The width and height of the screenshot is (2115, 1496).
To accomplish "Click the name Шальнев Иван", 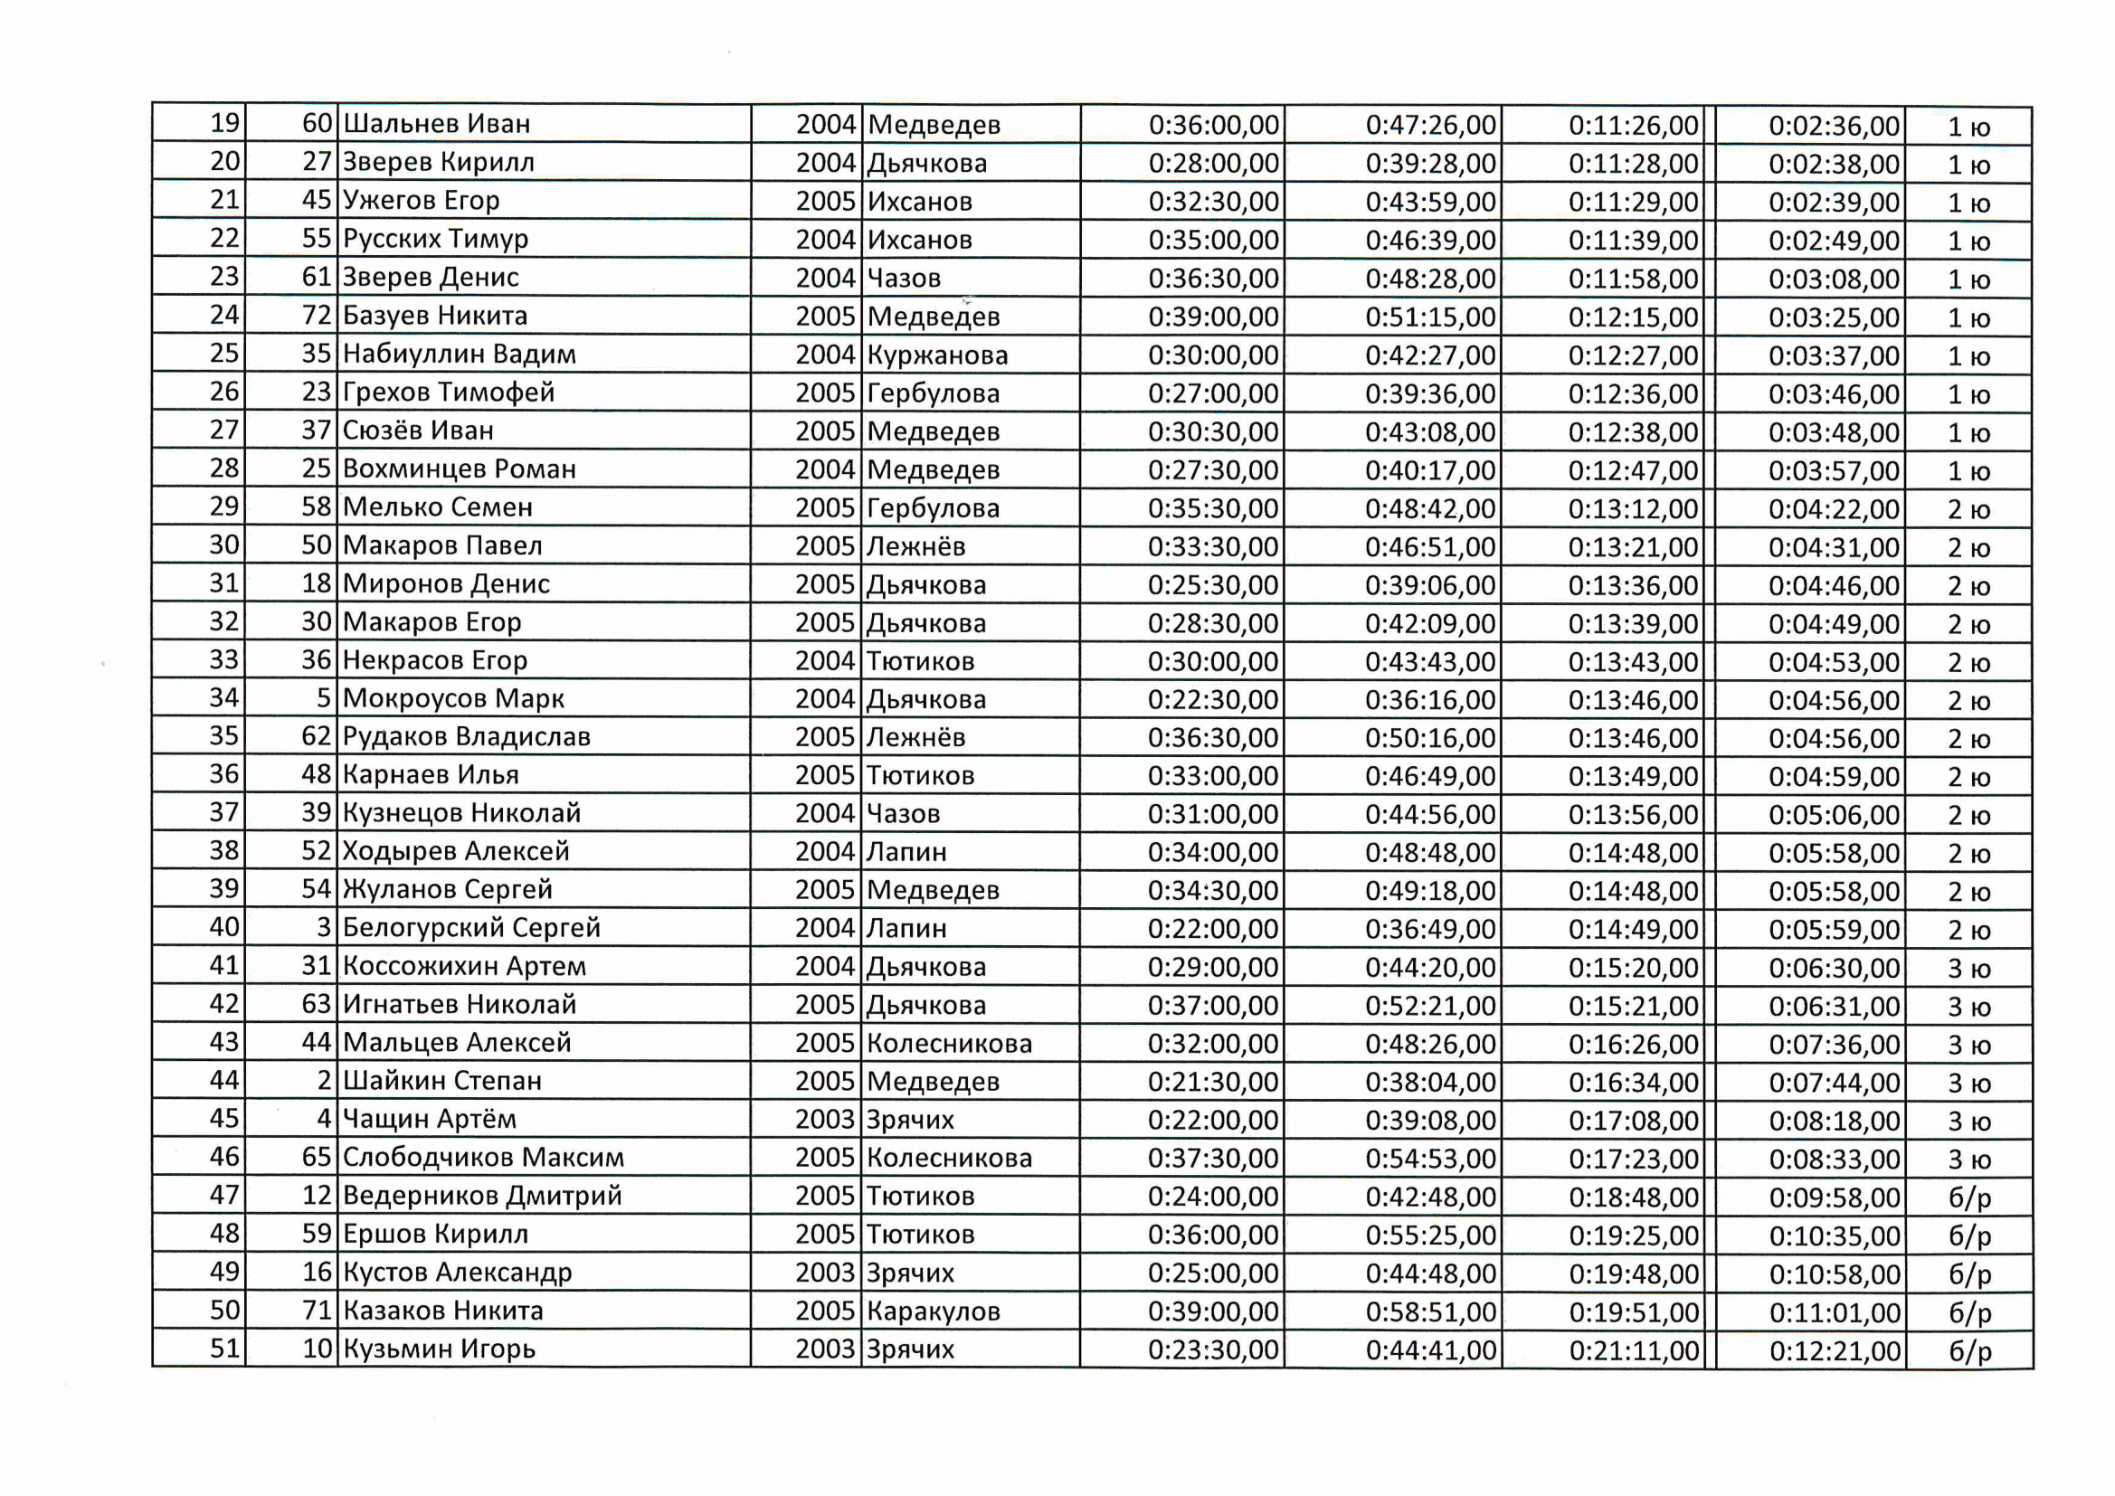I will (437, 123).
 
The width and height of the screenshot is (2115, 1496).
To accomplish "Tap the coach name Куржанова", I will (938, 355).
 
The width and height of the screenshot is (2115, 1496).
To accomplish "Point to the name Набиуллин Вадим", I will (459, 354).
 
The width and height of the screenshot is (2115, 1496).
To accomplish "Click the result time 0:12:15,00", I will (1633, 317).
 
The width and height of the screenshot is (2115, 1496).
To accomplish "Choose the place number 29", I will (223, 507).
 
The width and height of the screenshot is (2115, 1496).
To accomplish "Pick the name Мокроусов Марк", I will (453, 698).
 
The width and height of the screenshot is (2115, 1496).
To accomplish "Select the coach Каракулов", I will (934, 1311).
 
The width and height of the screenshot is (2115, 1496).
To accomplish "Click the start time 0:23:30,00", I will (1213, 1349).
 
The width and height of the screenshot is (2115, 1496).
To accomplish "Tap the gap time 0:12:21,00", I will (1834, 1351).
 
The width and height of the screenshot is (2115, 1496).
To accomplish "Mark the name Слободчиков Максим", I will (483, 1157).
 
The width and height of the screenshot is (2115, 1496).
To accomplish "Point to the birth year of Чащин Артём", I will (825, 1119).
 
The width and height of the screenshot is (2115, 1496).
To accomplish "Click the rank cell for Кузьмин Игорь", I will (1969, 1351).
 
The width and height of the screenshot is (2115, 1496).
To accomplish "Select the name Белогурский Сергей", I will (470, 928).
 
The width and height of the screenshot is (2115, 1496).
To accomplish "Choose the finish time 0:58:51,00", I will (1430, 1311).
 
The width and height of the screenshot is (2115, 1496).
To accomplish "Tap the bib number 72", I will (316, 315).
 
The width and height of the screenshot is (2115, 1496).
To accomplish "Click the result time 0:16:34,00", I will (1633, 1083).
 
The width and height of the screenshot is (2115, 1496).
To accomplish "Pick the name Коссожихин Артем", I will (464, 966).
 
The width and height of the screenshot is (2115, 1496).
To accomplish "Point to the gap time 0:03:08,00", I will (1833, 279).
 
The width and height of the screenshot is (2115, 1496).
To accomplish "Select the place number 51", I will (223, 1349).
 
